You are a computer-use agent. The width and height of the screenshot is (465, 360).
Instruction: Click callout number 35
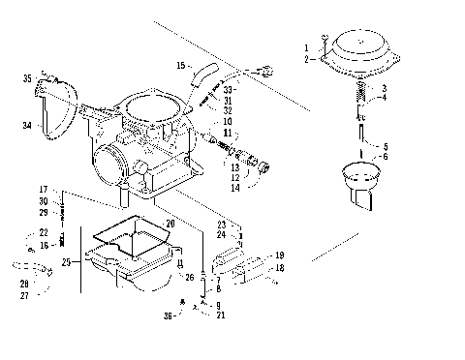27,77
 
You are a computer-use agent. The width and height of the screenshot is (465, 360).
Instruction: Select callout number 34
27,125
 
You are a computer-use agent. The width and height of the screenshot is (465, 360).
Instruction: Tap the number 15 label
180,65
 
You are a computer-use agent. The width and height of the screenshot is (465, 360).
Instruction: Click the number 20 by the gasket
170,224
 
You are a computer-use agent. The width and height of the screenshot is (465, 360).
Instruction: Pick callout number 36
167,315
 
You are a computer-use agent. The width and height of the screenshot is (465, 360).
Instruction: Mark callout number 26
190,277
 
